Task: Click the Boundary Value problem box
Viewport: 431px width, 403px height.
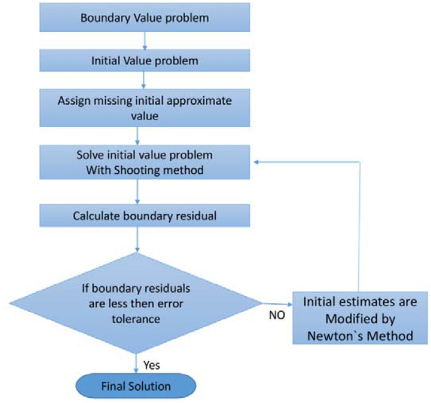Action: [x=145, y=18]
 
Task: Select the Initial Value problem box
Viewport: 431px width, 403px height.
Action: [x=145, y=61]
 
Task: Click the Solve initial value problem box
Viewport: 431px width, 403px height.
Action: [x=145, y=162]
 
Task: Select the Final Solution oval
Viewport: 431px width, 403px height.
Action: [x=137, y=384]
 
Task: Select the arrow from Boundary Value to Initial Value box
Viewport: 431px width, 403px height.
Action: [x=145, y=40]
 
